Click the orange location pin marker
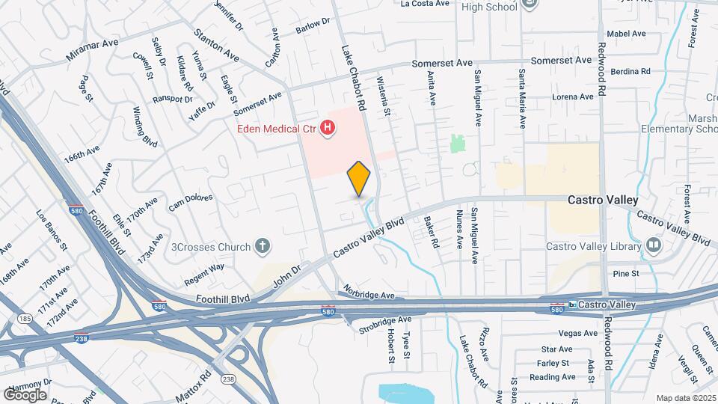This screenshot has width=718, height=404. click(x=359, y=179)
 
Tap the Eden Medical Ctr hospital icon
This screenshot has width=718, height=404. click(x=327, y=129)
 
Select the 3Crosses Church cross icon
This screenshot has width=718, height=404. click(x=262, y=245)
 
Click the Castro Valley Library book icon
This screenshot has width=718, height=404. click(x=654, y=245)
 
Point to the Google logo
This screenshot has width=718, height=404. click(x=25, y=394)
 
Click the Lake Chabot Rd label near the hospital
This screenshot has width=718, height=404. click(x=353, y=78)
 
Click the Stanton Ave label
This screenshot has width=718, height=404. click(x=216, y=46)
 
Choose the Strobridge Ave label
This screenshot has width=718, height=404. click(x=385, y=322)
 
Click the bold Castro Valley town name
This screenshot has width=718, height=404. click(x=603, y=200)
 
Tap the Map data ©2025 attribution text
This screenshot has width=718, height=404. click(x=685, y=397)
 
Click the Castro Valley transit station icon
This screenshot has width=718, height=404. click(x=572, y=304)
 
